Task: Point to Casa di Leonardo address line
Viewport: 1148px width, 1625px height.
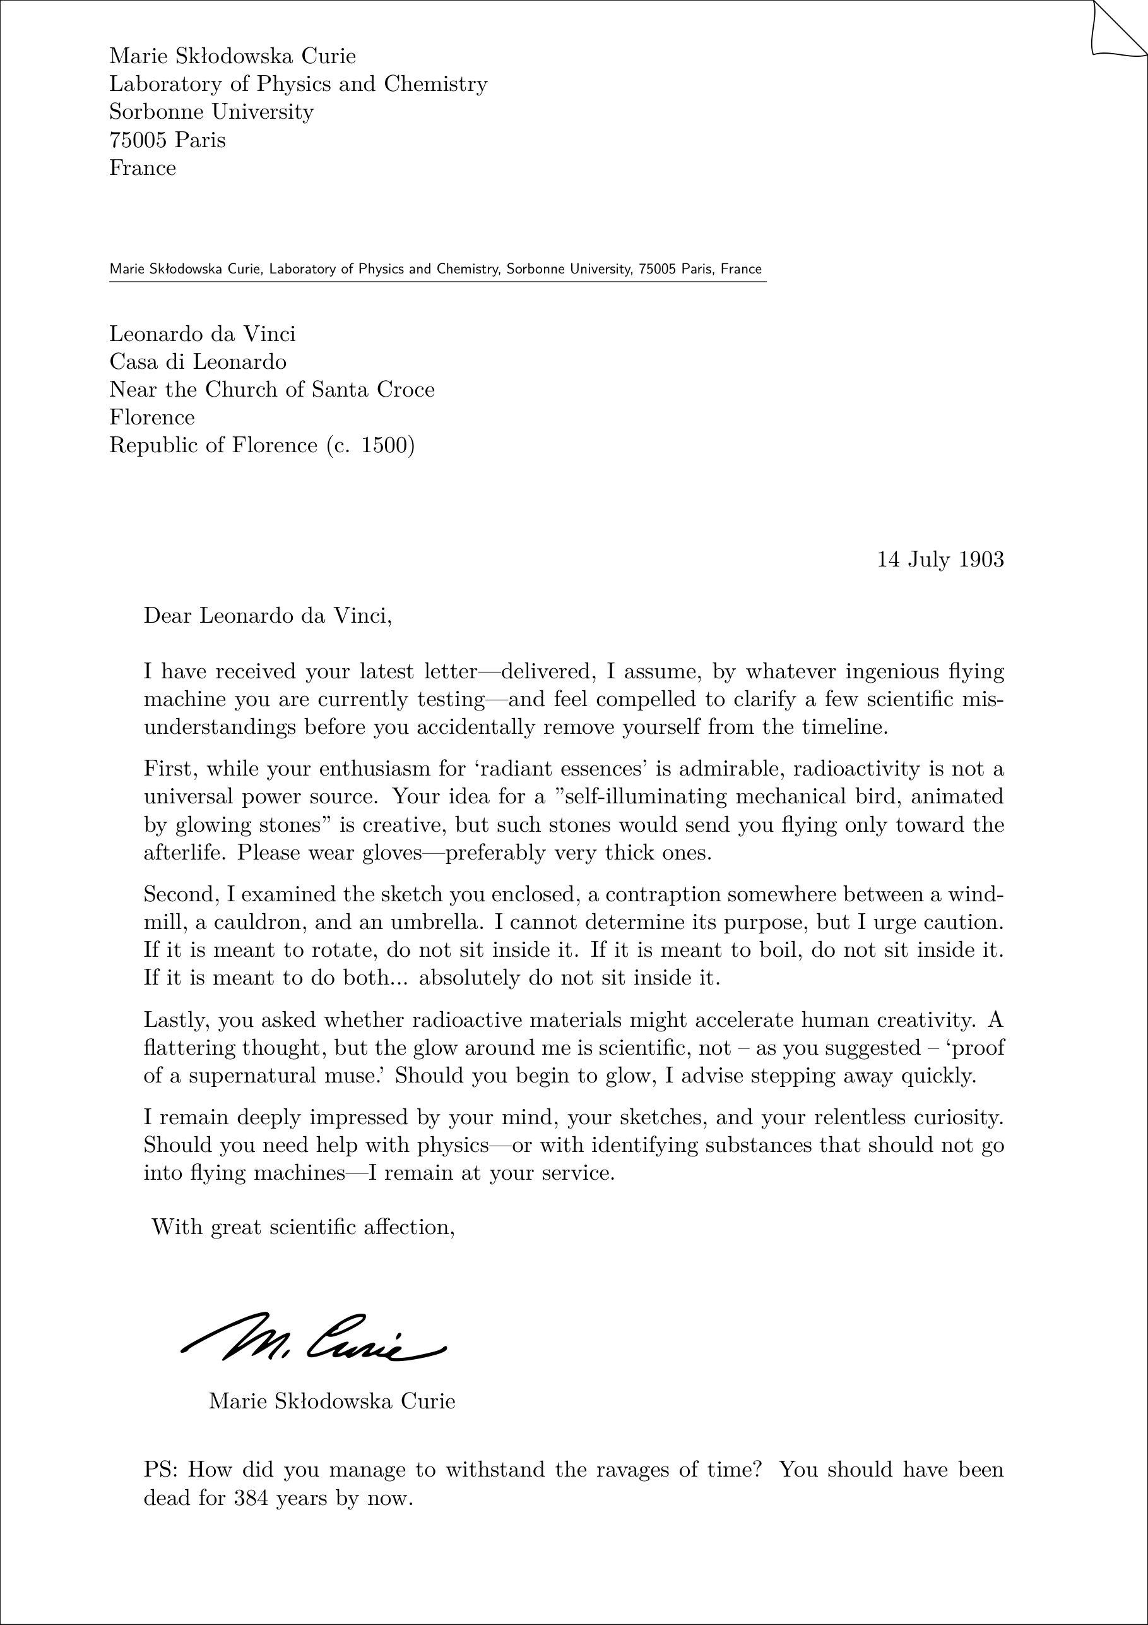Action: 198,362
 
